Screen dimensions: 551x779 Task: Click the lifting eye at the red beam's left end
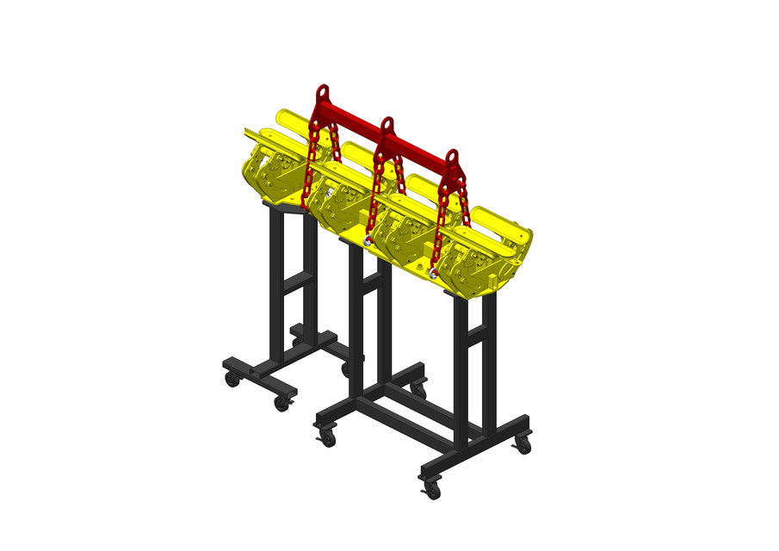pyautogui.click(x=323, y=92)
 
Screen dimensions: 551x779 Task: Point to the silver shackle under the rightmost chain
pyautogui.click(x=432, y=273)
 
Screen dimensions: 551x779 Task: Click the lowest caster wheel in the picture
pyautogui.click(x=432, y=492)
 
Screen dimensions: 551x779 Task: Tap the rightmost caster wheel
pyautogui.click(x=522, y=445)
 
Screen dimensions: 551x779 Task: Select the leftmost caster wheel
pyautogui.click(x=232, y=379)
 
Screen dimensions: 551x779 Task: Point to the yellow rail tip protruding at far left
pyautogui.click(x=249, y=133)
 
